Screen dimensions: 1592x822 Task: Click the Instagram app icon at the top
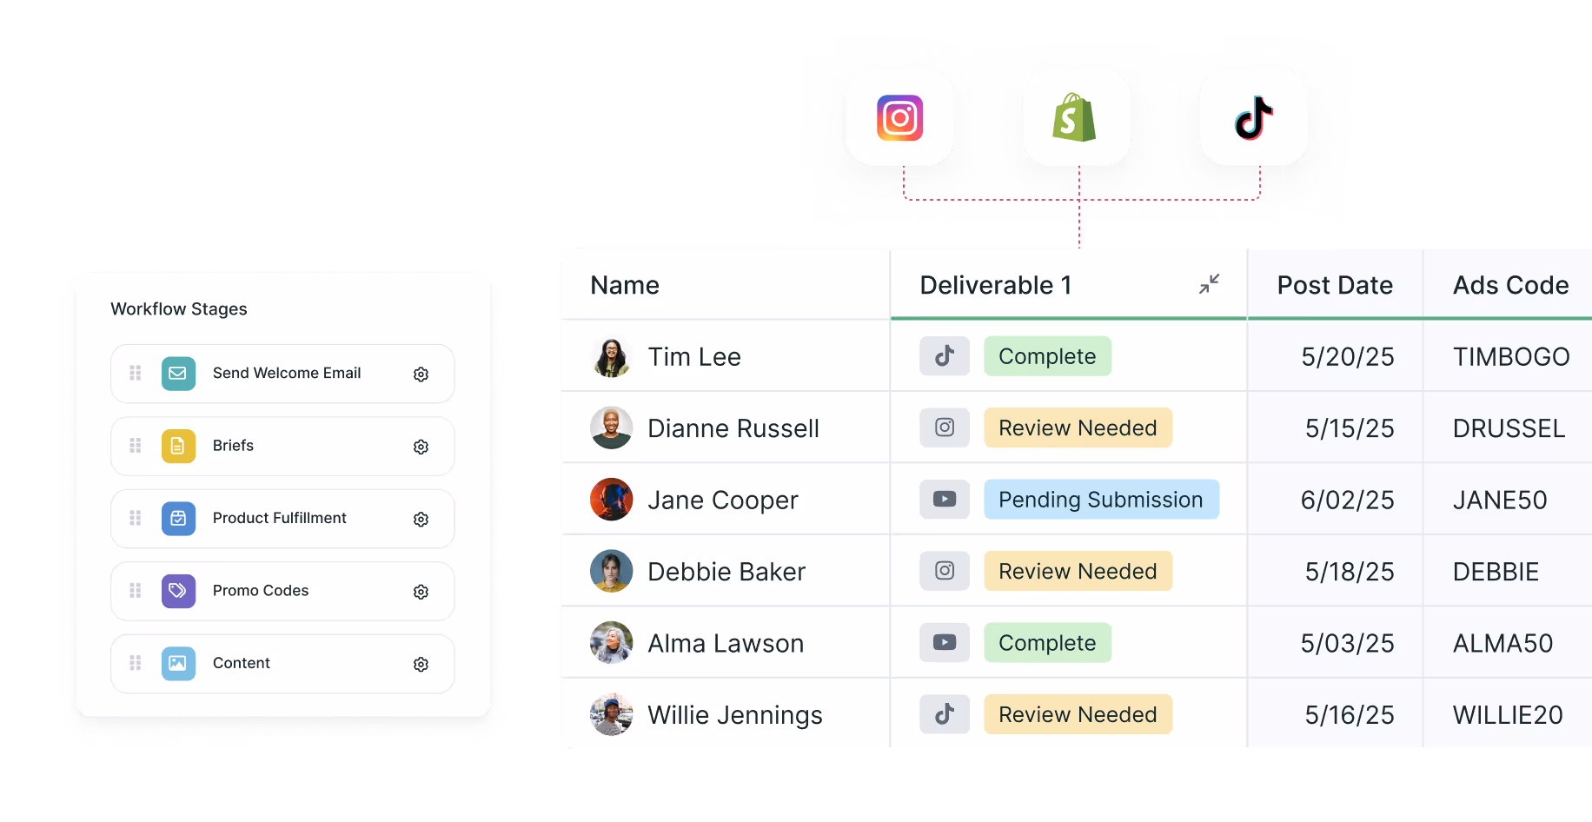coord(899,118)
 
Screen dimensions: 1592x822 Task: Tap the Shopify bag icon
coord(1076,118)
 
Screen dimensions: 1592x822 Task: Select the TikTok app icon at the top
coord(1253,118)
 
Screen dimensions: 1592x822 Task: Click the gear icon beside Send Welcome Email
coord(421,375)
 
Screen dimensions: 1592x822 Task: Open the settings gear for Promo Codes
coord(421,592)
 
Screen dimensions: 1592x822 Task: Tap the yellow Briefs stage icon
coord(178,447)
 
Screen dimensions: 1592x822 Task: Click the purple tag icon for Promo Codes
coord(178,591)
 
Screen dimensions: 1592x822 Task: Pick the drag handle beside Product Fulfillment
coord(136,519)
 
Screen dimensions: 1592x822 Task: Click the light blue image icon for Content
coord(178,664)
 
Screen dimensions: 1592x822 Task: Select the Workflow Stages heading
coord(179,309)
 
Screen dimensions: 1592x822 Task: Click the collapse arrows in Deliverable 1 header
coord(1209,284)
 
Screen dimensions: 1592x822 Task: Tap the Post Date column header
coord(1334,285)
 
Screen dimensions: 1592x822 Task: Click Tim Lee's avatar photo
coord(612,357)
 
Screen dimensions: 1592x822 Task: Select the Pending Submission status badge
coord(1100,500)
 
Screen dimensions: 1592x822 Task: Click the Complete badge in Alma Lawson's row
coord(1047,643)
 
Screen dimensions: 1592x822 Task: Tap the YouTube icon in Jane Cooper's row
coord(945,500)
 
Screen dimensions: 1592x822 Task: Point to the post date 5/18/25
coord(1349,572)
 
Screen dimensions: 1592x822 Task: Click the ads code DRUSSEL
coord(1509,428)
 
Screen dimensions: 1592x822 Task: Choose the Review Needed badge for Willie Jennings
coord(1078,714)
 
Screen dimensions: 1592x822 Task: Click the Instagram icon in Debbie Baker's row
coord(945,571)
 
